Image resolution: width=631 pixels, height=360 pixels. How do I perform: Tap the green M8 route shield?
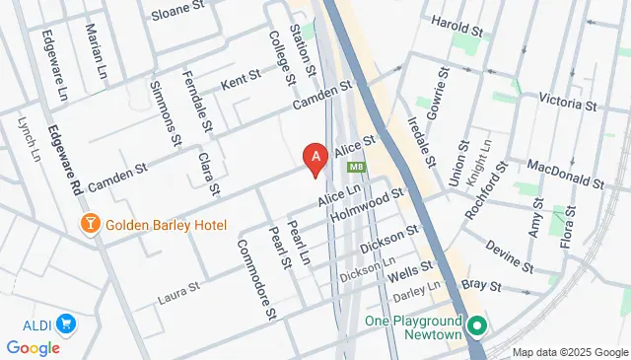(356, 168)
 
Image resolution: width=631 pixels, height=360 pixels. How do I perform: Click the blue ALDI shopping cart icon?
(66, 324)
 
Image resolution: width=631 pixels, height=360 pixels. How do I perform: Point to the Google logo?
(33, 347)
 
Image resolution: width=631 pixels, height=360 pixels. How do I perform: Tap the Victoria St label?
(569, 102)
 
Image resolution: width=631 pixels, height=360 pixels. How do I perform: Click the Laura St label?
(180, 290)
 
